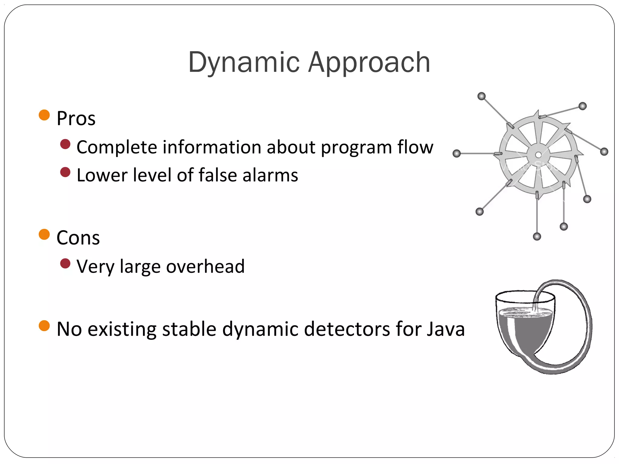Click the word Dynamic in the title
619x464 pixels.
click(244, 63)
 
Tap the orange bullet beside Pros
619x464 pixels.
click(44, 115)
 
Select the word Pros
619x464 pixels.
click(76, 118)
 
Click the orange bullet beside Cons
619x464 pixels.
click(44, 234)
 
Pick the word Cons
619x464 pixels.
click(78, 238)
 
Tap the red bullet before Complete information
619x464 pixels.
click(65, 144)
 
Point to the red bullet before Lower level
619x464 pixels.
click(65, 172)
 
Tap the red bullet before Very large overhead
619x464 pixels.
click(65, 264)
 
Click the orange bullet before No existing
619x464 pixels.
click(44, 326)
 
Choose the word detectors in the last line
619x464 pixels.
click(347, 329)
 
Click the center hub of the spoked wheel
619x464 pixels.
click(538, 155)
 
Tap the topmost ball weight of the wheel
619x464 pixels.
click(481, 96)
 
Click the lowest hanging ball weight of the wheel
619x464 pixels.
click(537, 236)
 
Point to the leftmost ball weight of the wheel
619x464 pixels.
click(457, 153)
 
